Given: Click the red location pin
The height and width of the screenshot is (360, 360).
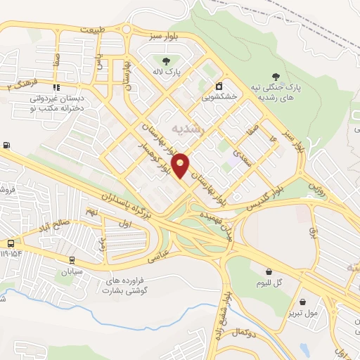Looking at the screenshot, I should [x=181, y=165].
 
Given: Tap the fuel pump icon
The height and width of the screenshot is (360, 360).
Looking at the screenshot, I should [x=7, y=145].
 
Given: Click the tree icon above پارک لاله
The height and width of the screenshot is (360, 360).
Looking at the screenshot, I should [x=164, y=60].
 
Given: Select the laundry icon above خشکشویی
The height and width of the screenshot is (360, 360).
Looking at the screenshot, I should [x=221, y=86].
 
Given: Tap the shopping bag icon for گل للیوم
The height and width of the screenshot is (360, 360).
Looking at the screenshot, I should [x=269, y=271].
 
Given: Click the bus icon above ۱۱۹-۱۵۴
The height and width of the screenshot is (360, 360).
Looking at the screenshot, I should [x=11, y=243].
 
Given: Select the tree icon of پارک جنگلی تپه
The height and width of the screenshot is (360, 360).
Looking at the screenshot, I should [x=276, y=77].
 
